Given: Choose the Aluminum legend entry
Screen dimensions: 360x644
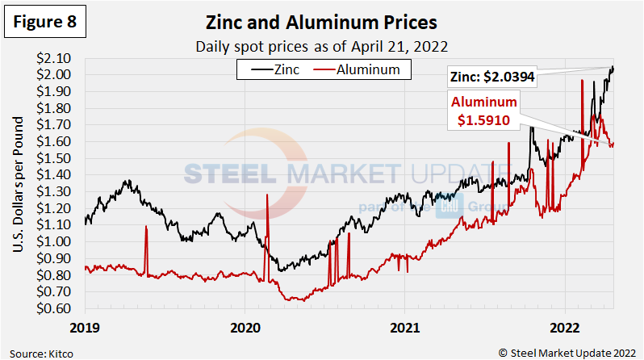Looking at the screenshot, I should [363, 69].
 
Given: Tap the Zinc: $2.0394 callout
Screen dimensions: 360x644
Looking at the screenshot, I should [492, 77].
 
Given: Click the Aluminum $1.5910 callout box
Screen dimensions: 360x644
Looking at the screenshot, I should [483, 111].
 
